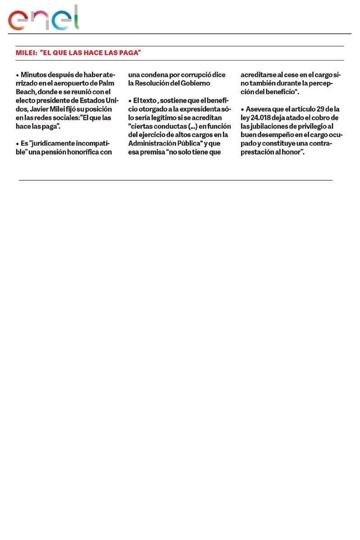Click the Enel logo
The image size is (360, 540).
pos(43,18)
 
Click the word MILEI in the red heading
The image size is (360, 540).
pos(25,53)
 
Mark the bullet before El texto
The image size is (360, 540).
pos(130,100)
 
